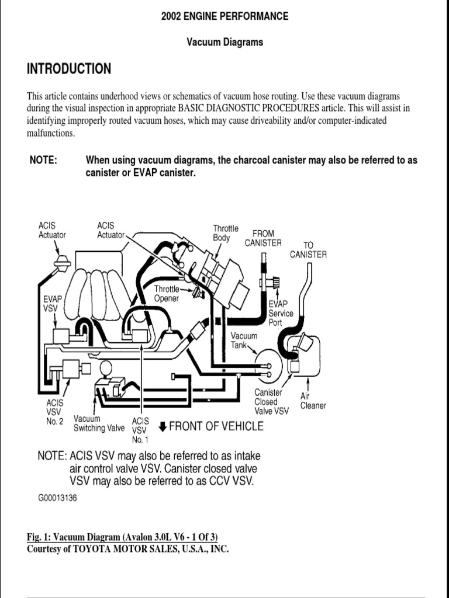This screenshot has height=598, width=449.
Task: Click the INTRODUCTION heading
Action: point(69,69)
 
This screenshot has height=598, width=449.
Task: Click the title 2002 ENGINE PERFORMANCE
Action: point(224,16)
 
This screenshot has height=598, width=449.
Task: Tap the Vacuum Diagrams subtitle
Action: point(224,42)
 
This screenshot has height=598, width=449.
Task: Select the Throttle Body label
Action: point(225,233)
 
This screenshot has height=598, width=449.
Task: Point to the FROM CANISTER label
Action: point(263,238)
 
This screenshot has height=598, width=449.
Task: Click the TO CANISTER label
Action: point(308,249)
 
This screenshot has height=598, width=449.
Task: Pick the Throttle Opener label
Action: point(168,294)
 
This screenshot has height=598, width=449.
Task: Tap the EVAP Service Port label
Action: point(281,314)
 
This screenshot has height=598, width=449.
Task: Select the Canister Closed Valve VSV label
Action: point(271,402)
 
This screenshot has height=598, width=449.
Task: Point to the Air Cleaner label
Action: point(313,401)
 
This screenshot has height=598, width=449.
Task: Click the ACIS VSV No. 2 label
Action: point(54,412)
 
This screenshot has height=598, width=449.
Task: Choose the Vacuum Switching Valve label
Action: point(99,423)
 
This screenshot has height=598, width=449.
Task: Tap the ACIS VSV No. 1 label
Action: point(140,430)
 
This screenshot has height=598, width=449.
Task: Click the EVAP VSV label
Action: point(53,303)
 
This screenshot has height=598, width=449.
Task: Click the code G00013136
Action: point(57,498)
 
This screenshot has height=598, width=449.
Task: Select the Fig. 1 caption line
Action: point(125,537)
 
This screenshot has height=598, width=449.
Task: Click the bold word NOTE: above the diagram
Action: point(43,160)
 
